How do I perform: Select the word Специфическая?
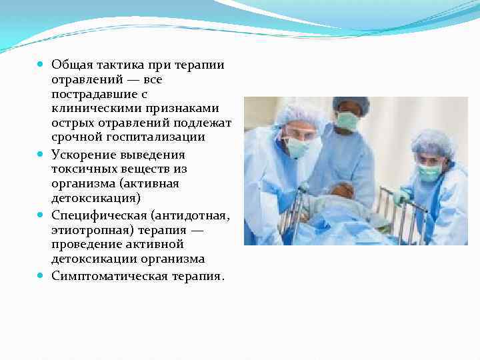pos(98,215)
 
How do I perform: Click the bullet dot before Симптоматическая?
pos(41,275)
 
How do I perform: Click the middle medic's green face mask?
pos(347,120)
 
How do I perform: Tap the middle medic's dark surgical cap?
pos(351,103)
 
